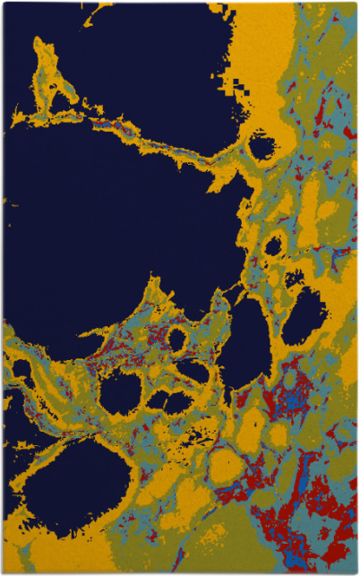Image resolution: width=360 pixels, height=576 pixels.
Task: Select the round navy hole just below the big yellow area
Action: click(262, 145)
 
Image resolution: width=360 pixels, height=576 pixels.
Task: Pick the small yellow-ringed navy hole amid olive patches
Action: click(274, 245)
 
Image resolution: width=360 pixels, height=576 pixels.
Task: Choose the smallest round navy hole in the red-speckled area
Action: click(177, 340)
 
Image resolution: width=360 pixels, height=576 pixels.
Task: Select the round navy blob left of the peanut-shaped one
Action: click(122, 391)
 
